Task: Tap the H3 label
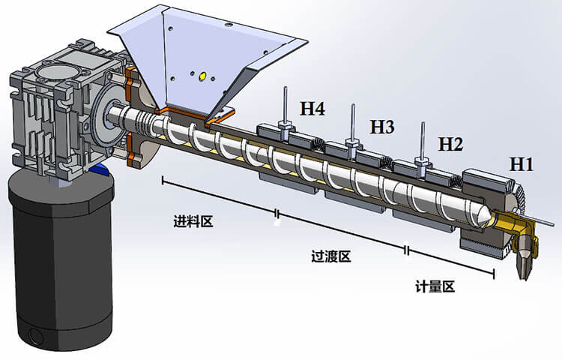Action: click(381, 127)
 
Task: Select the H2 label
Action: click(450, 142)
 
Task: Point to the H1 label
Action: click(522, 163)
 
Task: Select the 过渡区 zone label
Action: click(330, 256)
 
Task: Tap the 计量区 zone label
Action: click(435, 286)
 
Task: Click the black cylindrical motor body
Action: click(58, 255)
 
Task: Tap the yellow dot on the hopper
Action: click(201, 75)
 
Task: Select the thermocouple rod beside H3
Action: click(351, 120)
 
